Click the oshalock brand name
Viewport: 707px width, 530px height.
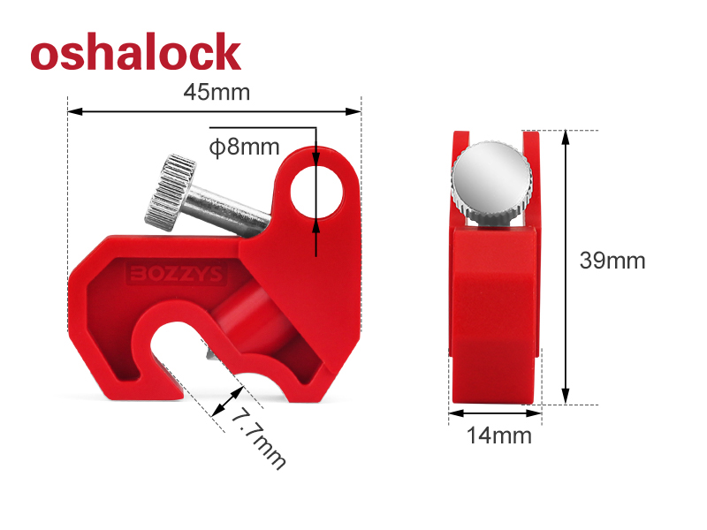[x=135, y=52]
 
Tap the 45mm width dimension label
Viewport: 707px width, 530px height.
[x=216, y=93]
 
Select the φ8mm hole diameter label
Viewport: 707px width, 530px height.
[x=244, y=147]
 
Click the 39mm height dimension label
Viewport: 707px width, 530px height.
[x=612, y=261]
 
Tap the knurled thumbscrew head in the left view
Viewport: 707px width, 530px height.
[x=168, y=190]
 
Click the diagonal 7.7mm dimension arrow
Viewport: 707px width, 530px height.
[x=228, y=402]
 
